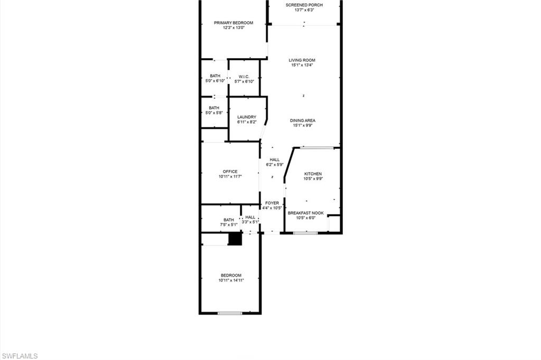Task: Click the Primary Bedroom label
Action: (x=234, y=25)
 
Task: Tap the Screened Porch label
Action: (x=304, y=7)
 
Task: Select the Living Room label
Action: (x=302, y=63)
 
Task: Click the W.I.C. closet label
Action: (x=244, y=79)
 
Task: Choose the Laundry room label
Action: (x=247, y=119)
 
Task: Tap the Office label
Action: (x=230, y=174)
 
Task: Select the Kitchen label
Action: (x=313, y=176)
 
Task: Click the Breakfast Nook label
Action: (x=305, y=215)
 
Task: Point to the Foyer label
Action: (x=272, y=205)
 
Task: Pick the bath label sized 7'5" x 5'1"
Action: (x=228, y=222)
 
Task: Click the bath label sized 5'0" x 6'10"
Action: (x=215, y=78)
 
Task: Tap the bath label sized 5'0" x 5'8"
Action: (x=214, y=110)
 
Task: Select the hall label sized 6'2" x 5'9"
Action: (x=275, y=162)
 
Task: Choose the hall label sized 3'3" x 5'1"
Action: (x=250, y=219)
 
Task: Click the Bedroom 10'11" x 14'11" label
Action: (x=231, y=278)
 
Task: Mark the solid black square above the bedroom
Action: (x=235, y=239)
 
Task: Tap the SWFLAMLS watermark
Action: (x=20, y=356)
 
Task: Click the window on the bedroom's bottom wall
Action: (x=230, y=314)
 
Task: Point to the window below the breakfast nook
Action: (x=305, y=233)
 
